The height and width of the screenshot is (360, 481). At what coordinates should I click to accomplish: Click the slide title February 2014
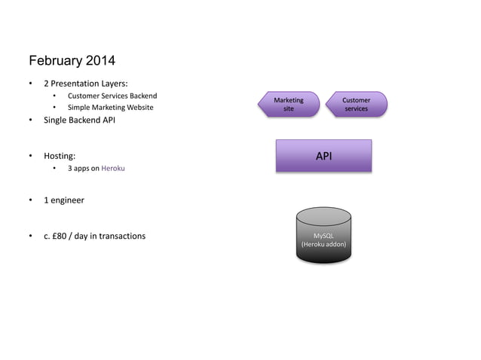[x=72, y=60]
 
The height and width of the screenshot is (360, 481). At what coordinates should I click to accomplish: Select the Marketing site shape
[x=288, y=105]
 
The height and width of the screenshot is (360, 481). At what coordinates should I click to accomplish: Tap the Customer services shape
[x=356, y=105]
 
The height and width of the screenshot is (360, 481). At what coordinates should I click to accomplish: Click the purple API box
[x=323, y=156]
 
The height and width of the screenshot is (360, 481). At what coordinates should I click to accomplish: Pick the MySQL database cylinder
[x=323, y=235]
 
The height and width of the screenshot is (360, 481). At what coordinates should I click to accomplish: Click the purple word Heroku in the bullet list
[x=113, y=168]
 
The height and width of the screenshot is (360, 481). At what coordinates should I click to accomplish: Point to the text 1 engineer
[x=63, y=200]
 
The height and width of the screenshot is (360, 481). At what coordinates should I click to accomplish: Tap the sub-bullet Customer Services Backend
[x=112, y=96]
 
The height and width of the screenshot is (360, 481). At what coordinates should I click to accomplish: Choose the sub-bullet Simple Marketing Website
[x=110, y=108]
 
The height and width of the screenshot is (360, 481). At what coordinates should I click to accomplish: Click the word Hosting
[x=59, y=156]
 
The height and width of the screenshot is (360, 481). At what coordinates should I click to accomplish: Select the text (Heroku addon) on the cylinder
[x=323, y=244]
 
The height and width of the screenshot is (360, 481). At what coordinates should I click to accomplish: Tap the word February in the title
[x=55, y=60]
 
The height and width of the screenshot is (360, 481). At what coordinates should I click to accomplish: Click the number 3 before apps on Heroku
[x=70, y=168]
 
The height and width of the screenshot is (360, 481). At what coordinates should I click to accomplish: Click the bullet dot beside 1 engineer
[x=31, y=200]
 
